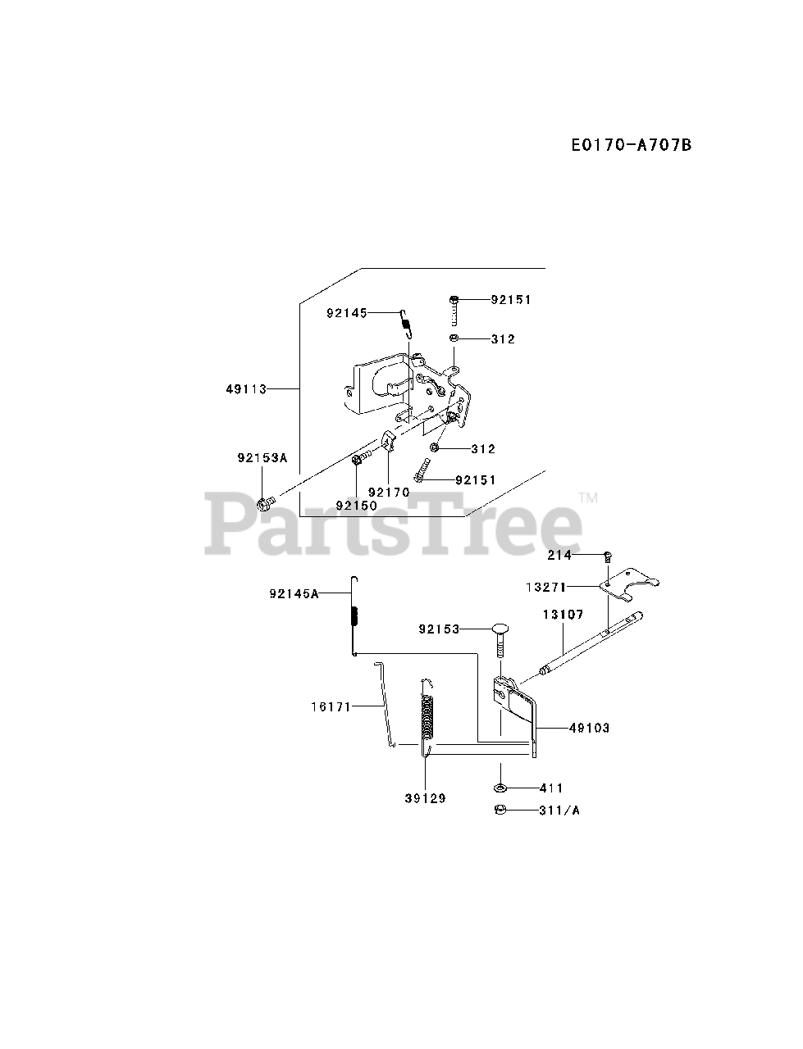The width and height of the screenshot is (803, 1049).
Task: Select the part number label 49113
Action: (x=246, y=389)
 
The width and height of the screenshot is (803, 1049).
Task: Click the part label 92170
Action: (x=388, y=492)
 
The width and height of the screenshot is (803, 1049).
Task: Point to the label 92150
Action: (x=356, y=506)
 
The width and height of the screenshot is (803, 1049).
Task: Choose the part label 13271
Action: (x=545, y=587)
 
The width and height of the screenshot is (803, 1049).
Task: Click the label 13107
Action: (x=561, y=614)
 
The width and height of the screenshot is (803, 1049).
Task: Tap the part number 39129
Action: (x=425, y=798)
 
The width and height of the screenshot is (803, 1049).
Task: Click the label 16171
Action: (x=332, y=705)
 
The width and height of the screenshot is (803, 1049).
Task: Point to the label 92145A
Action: (x=293, y=593)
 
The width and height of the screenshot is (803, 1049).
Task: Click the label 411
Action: (x=550, y=788)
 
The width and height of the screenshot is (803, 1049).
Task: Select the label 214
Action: (x=560, y=555)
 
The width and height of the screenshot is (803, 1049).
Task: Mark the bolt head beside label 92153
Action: (x=502, y=629)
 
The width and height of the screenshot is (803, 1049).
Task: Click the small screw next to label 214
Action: (x=607, y=556)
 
